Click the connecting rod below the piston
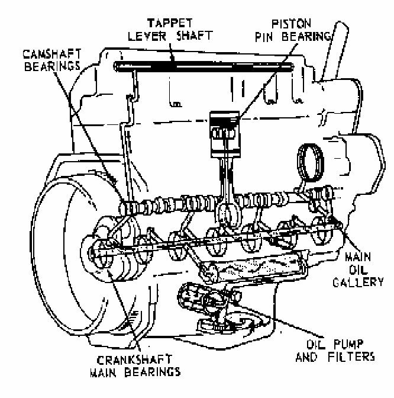(228, 178)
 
